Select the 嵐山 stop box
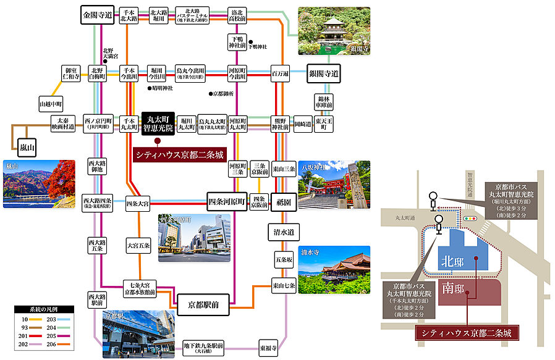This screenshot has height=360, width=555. pyautogui.click(x=27, y=146)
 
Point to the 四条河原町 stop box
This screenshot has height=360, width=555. pyautogui.click(x=227, y=201)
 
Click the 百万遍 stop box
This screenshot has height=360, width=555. pyautogui.click(x=280, y=73)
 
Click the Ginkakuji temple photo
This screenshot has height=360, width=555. pyautogui.click(x=334, y=31)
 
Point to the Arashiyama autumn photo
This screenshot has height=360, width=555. pyautogui.click(x=38, y=183)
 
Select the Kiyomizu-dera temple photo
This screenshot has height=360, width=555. pyautogui.click(x=334, y=270)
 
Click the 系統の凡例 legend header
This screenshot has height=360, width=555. pyautogui.click(x=44, y=308)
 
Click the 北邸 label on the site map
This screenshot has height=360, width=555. pyautogui.click(x=452, y=262)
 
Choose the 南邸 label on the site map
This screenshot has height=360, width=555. pyautogui.click(x=452, y=288)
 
